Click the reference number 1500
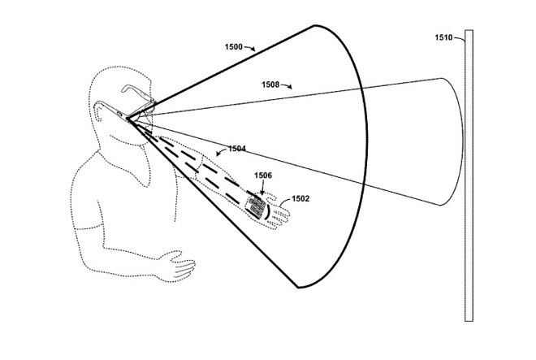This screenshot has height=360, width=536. click(x=233, y=47)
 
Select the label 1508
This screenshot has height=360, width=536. click(x=270, y=85)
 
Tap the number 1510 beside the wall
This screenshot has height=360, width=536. click(x=443, y=37)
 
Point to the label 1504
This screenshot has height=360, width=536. click(x=237, y=149)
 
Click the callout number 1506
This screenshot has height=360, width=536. click(x=263, y=176)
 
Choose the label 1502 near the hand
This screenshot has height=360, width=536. click(x=300, y=199)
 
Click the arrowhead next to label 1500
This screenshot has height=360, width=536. click(x=253, y=50)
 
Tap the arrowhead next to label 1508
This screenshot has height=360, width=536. click(x=289, y=87)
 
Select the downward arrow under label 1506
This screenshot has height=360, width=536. click(x=262, y=189)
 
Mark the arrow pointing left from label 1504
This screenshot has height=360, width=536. click(x=222, y=152)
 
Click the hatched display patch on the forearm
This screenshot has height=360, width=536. click(x=255, y=207)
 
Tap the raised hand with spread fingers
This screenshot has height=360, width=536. click(x=277, y=212)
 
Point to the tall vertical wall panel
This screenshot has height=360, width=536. click(x=469, y=176)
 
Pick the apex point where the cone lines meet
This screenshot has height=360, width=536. click(x=128, y=119)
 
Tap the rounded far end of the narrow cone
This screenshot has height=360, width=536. click(x=463, y=141)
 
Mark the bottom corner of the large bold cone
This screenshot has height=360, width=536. click(x=298, y=288)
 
